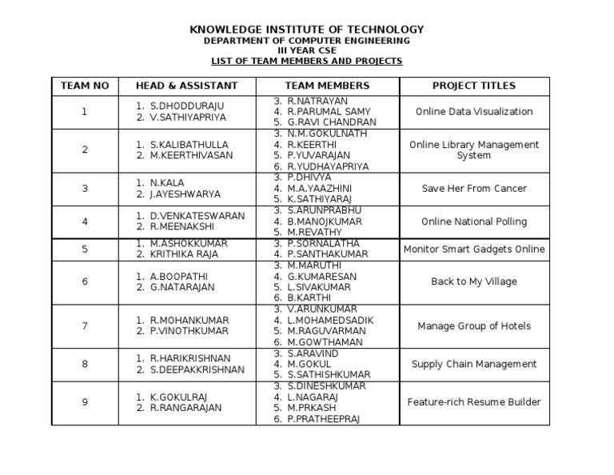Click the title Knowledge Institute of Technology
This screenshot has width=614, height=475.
point(306,30)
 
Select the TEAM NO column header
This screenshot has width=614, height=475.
point(84,86)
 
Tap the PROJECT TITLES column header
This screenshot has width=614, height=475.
point(474,86)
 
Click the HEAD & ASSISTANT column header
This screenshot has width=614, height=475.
point(186,86)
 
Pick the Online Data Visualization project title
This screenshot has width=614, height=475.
point(474,112)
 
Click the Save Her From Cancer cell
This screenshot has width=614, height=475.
point(474,189)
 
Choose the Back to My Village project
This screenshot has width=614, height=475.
point(474,281)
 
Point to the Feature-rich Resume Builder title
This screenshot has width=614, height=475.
point(474,402)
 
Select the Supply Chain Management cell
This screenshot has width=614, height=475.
point(474,364)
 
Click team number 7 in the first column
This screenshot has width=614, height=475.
point(84,325)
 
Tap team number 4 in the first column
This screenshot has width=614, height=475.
point(84,222)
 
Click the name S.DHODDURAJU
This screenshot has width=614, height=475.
point(187,106)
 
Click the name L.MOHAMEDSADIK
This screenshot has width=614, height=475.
point(330,320)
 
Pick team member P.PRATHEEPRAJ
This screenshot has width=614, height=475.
point(324,418)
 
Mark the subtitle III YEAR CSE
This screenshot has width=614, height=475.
point(306,50)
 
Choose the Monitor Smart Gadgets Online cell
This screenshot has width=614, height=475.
point(474,249)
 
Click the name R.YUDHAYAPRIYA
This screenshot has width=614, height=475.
point(328,166)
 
